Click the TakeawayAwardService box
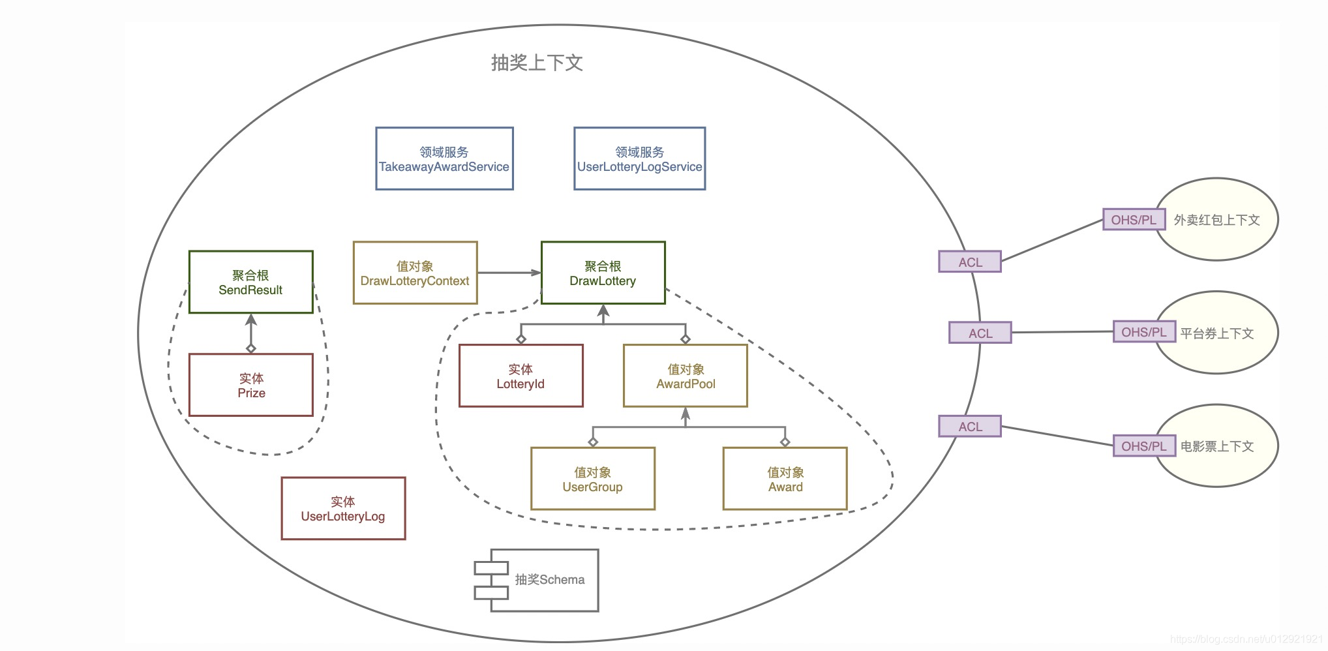pyautogui.click(x=444, y=159)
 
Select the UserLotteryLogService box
pyautogui.click(x=639, y=159)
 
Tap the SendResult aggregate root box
pyautogui.click(x=250, y=282)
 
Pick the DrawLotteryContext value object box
pyautogui.click(x=415, y=273)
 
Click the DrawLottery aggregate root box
pyautogui.click(x=603, y=273)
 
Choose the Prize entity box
pyautogui.click(x=250, y=385)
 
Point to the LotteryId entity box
pyautogui.click(x=521, y=376)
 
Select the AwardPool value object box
pyautogui.click(x=685, y=376)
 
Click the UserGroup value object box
pyautogui.click(x=592, y=478)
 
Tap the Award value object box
pyautogui.click(x=785, y=478)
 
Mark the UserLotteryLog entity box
pyautogui.click(x=343, y=508)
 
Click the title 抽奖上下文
pyautogui.click(x=536, y=63)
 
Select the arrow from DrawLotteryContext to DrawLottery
pyautogui.click(x=509, y=273)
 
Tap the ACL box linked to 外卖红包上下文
pyautogui.click(x=969, y=262)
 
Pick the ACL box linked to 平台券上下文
pyautogui.click(x=980, y=333)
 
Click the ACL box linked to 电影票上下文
pyautogui.click(x=969, y=427)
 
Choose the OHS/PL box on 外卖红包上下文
pyautogui.click(x=1133, y=220)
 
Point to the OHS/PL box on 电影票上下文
pyautogui.click(x=1143, y=446)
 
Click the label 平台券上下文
pyautogui.click(x=1217, y=333)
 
